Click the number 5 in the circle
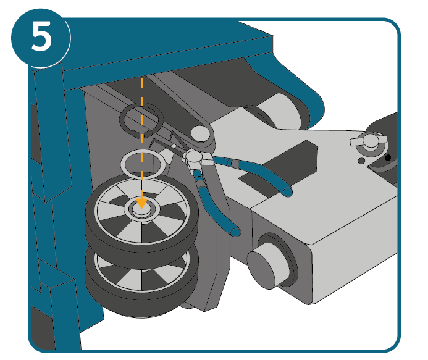[x=41, y=36]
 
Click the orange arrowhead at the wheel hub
[x=141, y=203]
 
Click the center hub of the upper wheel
[x=141, y=209]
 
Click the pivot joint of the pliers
[x=194, y=157]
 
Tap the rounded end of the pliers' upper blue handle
[x=287, y=192]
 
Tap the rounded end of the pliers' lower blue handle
[x=235, y=232]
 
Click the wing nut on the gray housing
[x=369, y=141]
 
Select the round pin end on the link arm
[x=200, y=133]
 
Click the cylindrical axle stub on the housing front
[x=266, y=269]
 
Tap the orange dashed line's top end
[x=142, y=78]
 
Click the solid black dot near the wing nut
[x=388, y=157]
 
